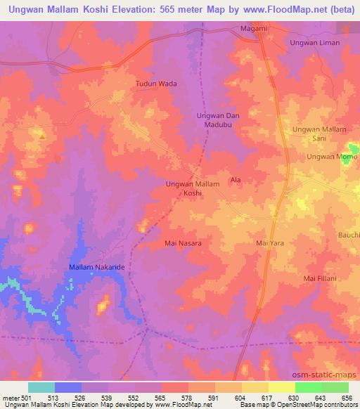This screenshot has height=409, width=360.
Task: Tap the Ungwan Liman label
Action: [x=315, y=43]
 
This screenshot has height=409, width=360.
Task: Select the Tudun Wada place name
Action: [x=155, y=84]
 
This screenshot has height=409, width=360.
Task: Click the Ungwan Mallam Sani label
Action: [x=320, y=134]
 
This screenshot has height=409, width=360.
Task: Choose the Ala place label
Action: [x=236, y=181]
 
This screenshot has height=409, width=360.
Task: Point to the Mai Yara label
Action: [x=269, y=243]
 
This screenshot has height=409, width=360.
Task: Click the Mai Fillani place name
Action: [x=319, y=279]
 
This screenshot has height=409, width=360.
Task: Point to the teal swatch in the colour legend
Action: [x=41, y=387]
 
